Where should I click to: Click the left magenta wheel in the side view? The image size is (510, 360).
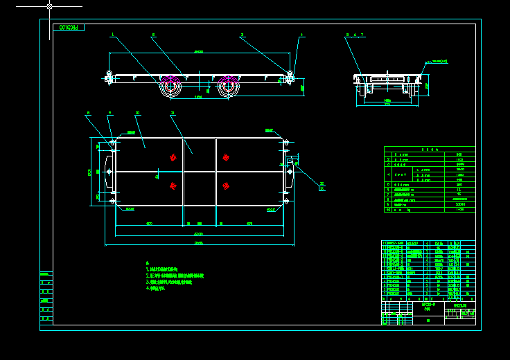pos(170,87)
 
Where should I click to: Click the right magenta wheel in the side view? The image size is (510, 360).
pos(228,87)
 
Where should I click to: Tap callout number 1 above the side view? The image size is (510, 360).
pos(112,34)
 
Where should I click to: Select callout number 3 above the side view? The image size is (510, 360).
pos(242,34)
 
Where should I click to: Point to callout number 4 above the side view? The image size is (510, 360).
pos(301,34)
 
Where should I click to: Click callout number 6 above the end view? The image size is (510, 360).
pos(355,34)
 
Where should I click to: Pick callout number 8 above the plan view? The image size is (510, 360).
pos(88,113)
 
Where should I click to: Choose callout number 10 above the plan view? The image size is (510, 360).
pos(137,113)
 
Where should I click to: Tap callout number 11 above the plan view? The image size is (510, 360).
pos(173,113)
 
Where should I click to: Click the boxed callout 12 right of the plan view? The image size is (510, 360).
pos(322,187)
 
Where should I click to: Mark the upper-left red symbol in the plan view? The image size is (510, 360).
pos(173,157)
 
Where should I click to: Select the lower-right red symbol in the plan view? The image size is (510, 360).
pos(226,186)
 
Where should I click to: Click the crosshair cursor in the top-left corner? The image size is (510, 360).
pos(49,6)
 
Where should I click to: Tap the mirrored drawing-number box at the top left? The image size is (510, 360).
pos(69,28)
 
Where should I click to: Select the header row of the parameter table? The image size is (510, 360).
pos(430,149)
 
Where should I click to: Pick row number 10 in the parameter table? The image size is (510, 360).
pos(430,209)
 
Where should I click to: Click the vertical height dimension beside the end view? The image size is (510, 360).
pos(427,86)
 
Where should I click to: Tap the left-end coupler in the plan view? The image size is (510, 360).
pos(108,171)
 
